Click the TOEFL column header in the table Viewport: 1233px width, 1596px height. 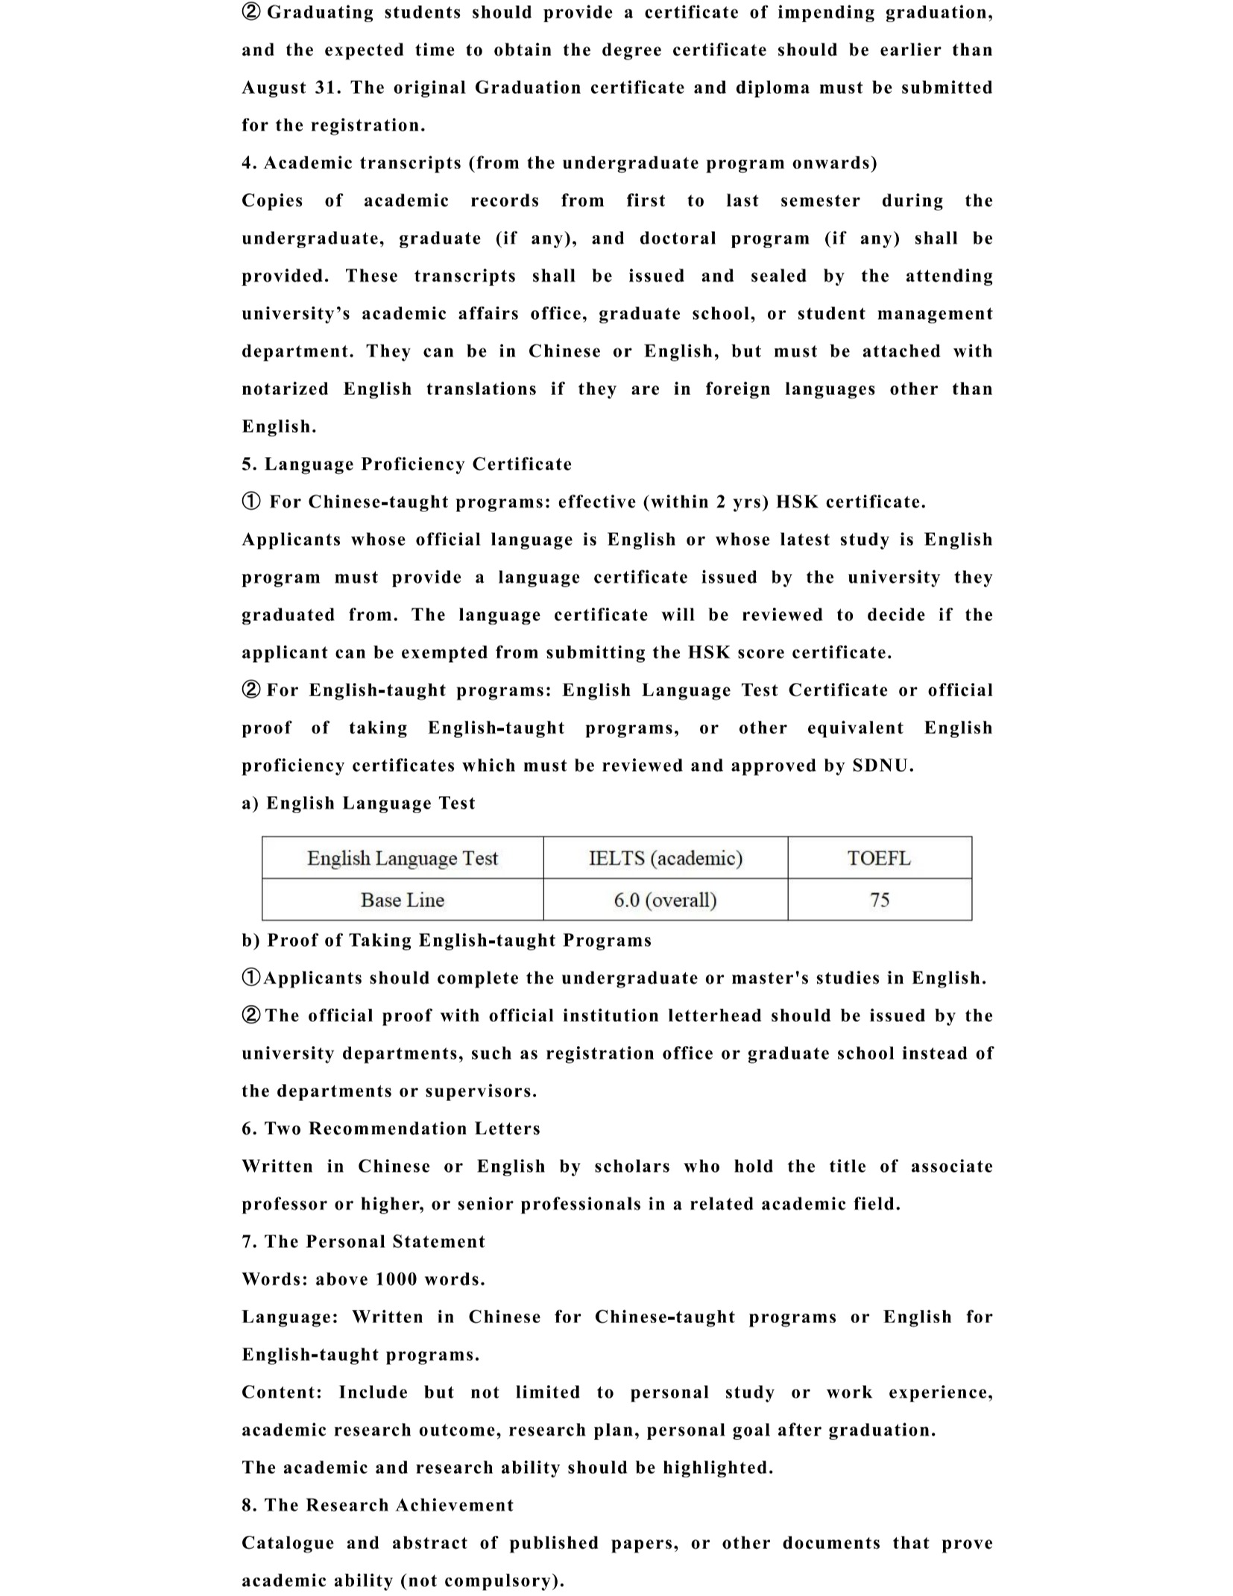point(879,858)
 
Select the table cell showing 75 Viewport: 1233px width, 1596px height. point(879,900)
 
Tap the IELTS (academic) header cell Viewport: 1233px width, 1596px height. point(665,858)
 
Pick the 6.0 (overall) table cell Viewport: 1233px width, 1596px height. point(665,900)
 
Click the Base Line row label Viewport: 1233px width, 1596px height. point(402,900)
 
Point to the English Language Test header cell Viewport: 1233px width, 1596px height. point(402,858)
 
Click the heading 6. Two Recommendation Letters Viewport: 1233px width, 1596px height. point(391,1128)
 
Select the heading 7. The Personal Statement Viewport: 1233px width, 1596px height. point(363,1241)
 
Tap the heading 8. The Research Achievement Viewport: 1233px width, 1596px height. point(377,1504)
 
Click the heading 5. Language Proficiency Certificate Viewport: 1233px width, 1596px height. point(406,464)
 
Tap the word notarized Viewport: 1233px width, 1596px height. point(285,389)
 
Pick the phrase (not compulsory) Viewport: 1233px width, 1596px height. point(482,1580)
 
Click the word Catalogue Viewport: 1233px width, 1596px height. point(288,1542)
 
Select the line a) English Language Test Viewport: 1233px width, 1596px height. point(358,803)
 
